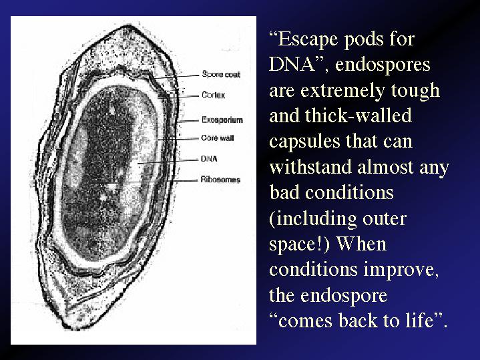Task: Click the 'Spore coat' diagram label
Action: coord(221,74)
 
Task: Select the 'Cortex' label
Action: coord(214,95)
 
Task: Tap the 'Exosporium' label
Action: coord(222,120)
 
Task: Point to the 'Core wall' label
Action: coord(218,138)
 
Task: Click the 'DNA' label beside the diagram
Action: coord(209,159)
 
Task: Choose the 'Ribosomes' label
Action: coord(220,180)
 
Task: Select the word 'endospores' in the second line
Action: coord(383,65)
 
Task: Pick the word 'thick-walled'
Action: coord(358,116)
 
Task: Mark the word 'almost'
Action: coord(385,167)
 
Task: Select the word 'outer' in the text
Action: coord(385,219)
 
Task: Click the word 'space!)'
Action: coord(299,244)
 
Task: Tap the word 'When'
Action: coord(362,244)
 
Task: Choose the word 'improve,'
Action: coord(401,270)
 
